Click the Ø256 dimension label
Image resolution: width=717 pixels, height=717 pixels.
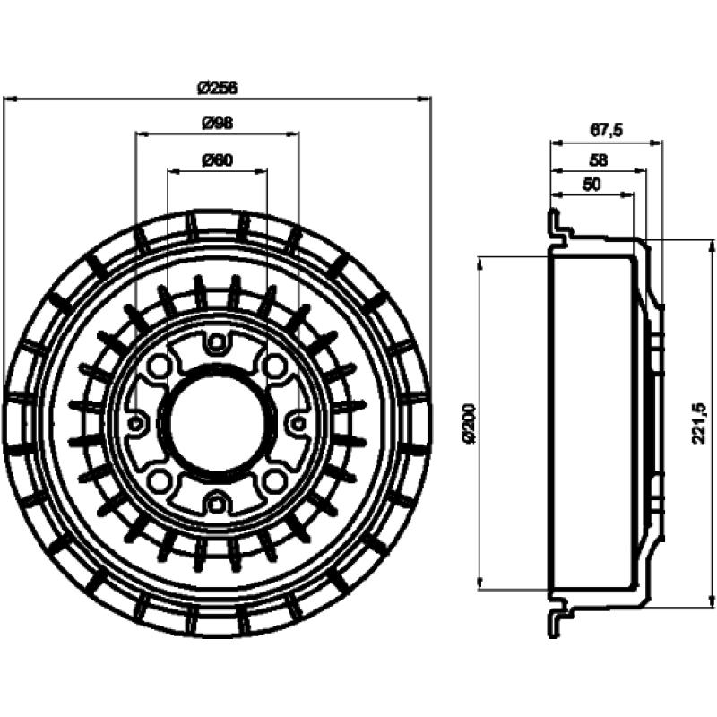pos(217,87)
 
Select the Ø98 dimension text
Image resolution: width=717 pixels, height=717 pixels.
pos(217,123)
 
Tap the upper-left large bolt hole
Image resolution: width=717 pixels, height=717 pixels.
pos(160,365)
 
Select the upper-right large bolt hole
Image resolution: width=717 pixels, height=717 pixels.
pos(275,365)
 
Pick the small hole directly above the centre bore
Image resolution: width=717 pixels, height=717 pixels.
pos(215,341)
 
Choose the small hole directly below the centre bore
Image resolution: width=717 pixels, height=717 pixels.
pos(215,504)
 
